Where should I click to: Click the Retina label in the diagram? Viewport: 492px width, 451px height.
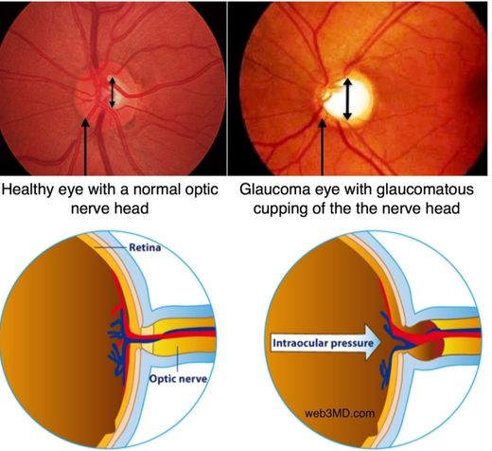[145, 247]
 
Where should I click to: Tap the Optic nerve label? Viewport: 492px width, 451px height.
[178, 378]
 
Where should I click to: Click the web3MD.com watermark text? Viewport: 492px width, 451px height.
[340, 413]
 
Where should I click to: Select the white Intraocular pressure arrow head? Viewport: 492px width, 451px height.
[373, 342]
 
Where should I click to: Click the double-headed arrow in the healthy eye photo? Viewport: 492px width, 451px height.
[113, 92]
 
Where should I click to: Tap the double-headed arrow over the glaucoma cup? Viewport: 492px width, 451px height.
[347, 99]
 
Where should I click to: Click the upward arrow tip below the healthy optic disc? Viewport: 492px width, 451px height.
[85, 119]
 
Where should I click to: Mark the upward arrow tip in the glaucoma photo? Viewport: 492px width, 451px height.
[322, 119]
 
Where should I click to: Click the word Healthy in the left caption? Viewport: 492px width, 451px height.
[26, 189]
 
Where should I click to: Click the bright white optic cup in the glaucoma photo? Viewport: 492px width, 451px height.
[347, 99]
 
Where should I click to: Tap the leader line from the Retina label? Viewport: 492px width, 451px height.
[111, 247]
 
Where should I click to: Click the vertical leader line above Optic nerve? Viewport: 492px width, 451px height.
[178, 359]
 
